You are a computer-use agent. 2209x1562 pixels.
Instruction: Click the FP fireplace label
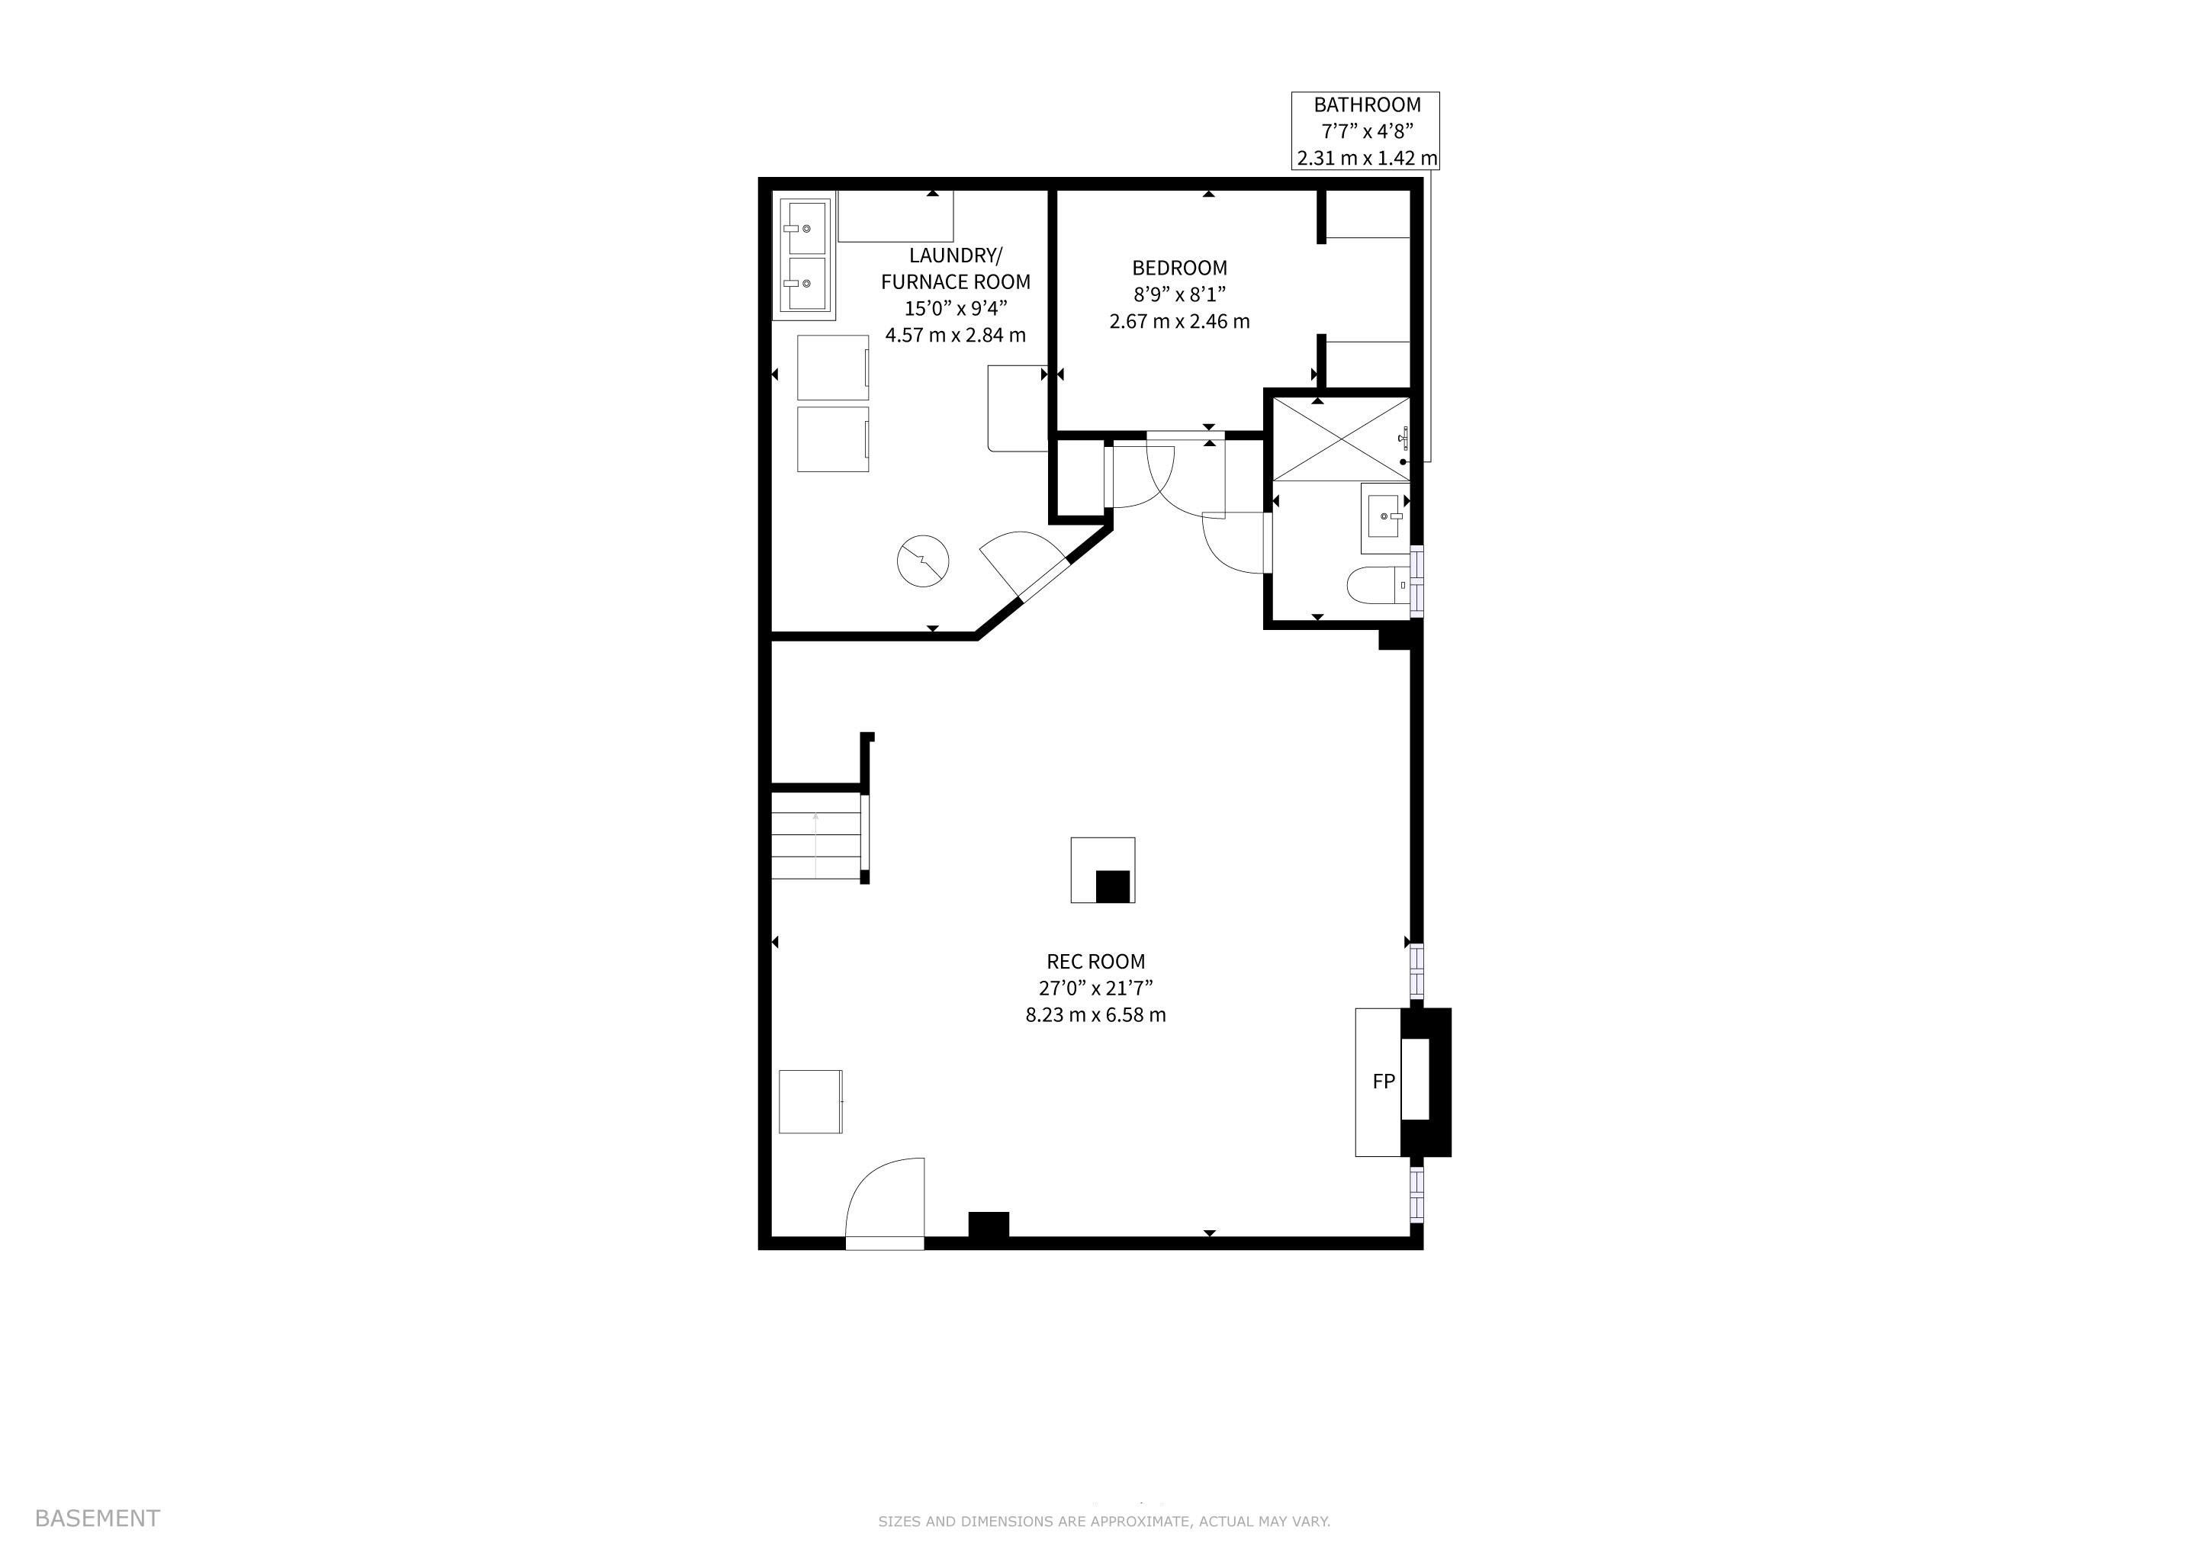[1383, 1081]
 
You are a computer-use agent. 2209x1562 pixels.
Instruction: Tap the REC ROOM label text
[1096, 961]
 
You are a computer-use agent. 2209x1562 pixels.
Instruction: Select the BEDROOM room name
[1179, 268]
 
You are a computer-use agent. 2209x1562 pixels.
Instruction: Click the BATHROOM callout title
[1367, 104]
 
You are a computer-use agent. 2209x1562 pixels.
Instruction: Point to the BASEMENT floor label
[97, 1518]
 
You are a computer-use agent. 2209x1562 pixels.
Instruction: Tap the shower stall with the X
[1341, 438]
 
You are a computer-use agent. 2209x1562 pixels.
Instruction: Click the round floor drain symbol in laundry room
[923, 561]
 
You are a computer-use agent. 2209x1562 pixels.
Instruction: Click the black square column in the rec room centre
[1112, 885]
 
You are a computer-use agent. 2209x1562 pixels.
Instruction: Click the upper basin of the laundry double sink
[802, 227]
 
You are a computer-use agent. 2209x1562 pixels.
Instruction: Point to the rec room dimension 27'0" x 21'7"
[1096, 988]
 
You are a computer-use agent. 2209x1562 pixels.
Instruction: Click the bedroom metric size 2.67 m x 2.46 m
[1179, 321]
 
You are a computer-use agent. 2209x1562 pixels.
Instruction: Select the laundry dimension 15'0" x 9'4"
[955, 309]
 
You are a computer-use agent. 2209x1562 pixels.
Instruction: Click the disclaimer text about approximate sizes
[1104, 1521]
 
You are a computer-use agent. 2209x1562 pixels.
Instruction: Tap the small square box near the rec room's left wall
[810, 1101]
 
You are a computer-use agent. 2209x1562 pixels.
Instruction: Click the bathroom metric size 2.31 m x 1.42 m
[1367, 158]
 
